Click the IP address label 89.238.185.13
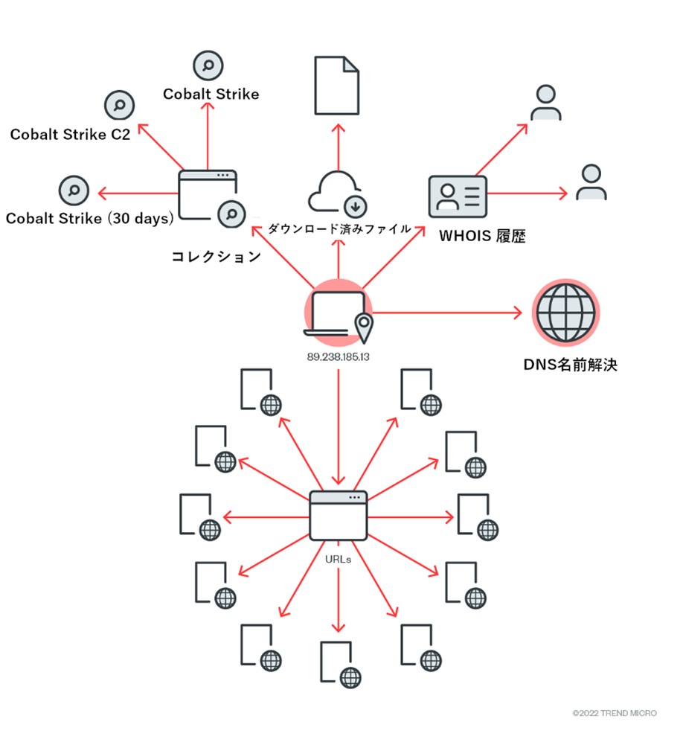click(339, 357)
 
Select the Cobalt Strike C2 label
click(70, 135)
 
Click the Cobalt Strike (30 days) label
click(89, 218)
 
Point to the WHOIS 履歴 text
click(482, 237)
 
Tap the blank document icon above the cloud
click(336, 86)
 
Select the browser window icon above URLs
click(339, 516)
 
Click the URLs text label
click(339, 557)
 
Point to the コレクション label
click(216, 257)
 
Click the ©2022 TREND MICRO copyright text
click(615, 713)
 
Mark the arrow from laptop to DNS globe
click(446, 313)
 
